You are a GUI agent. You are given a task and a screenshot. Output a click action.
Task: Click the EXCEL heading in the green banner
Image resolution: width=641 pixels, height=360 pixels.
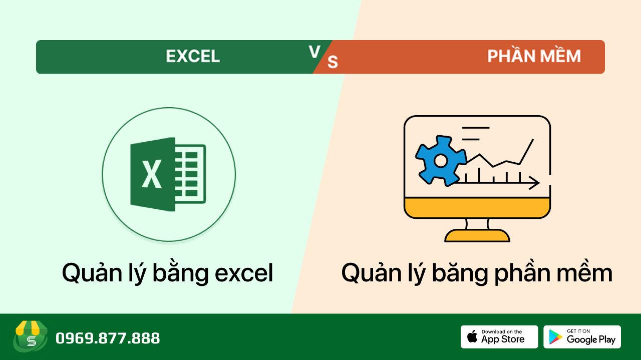(193, 57)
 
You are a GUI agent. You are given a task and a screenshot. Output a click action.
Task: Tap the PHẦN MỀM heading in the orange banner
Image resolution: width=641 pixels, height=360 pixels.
(534, 56)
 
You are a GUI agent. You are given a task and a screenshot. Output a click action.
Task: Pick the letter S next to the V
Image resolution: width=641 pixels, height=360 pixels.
(333, 62)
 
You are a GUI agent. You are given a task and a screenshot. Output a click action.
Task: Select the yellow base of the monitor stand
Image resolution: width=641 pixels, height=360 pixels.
(477, 235)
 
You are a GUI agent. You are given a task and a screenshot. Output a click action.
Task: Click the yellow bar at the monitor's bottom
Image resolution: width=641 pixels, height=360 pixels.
(477, 207)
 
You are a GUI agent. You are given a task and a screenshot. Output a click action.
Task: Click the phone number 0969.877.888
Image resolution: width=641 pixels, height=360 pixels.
(108, 338)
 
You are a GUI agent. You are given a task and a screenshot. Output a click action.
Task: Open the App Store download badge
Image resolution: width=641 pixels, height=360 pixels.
(499, 337)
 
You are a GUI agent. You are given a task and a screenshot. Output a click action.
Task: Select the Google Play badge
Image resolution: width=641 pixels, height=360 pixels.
(582, 337)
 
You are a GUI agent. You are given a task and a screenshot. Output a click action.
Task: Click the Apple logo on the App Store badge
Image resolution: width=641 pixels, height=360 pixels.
(472, 336)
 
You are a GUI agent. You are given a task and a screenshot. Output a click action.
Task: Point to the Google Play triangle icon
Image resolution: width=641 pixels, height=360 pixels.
(555, 337)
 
